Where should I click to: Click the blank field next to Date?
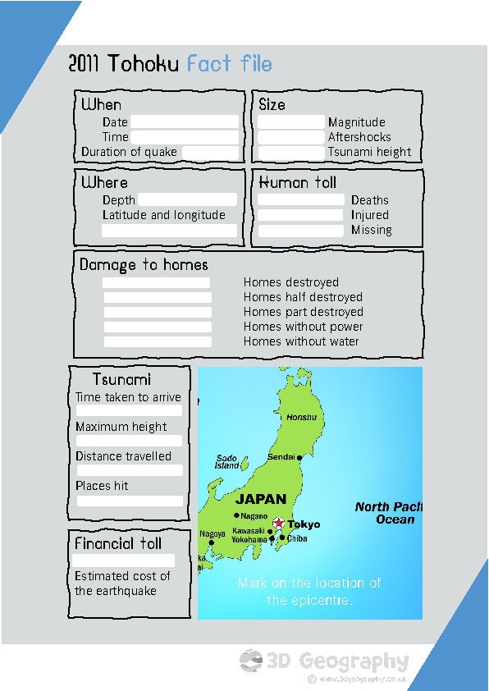point(184,122)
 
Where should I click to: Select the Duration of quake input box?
point(210,153)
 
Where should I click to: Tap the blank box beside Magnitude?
point(291,122)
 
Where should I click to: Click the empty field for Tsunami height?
point(291,153)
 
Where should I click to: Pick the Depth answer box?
point(187,200)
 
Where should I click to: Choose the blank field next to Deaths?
point(301,200)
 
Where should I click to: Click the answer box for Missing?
point(301,231)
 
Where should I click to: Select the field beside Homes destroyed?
point(157,283)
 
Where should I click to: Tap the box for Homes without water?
point(157,342)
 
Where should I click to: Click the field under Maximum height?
point(130,441)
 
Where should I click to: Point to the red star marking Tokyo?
point(278,523)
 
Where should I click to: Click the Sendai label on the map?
point(281,457)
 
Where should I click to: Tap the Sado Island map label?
point(227,462)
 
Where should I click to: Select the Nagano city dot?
point(237,515)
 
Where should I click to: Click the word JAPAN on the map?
point(261,499)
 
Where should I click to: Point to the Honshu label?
point(301,418)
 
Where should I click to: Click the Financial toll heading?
point(118,543)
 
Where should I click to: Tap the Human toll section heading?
point(297,182)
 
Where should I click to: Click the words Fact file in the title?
point(229,64)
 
